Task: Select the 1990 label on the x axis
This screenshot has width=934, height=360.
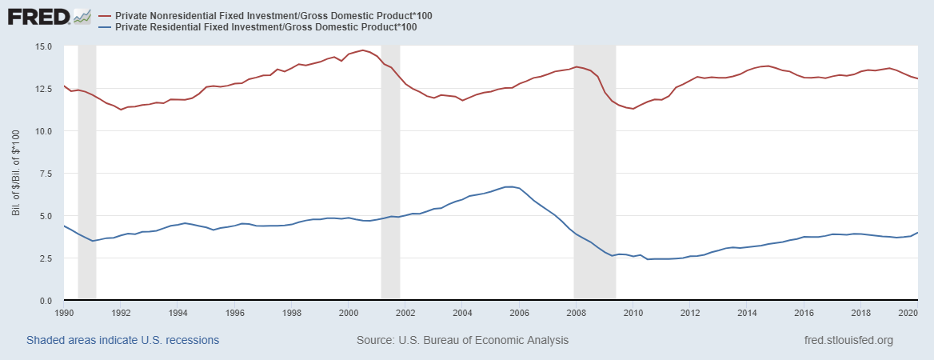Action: point(64,312)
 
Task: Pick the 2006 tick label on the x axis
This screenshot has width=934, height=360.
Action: point(519,312)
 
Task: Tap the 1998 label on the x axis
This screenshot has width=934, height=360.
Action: point(292,312)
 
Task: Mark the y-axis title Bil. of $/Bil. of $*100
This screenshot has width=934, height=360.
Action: point(16,174)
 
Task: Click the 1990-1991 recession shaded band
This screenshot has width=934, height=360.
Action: point(87,174)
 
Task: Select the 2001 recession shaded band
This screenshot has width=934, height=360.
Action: point(390,174)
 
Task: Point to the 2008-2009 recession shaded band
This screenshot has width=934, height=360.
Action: point(595,174)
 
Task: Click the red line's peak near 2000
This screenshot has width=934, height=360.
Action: point(363,50)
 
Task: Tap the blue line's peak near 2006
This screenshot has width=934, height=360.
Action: point(509,186)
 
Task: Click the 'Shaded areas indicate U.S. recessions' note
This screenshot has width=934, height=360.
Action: point(122,340)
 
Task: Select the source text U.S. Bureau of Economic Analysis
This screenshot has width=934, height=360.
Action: point(462,340)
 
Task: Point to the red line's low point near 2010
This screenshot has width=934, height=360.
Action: point(633,109)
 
